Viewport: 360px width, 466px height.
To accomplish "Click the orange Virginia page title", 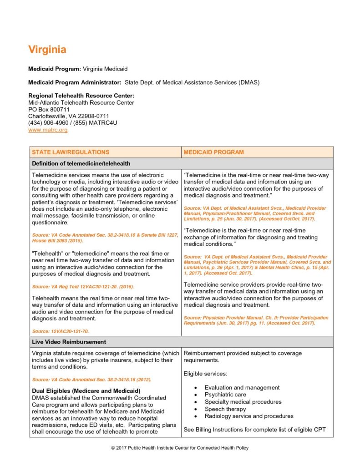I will [47, 50].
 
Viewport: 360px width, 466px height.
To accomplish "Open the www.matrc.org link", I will [48, 130].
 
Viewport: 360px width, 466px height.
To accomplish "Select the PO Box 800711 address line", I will [49, 110].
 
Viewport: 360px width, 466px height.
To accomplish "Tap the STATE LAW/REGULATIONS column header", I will [71, 152].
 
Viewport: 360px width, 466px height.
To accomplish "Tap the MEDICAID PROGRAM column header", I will [213, 152].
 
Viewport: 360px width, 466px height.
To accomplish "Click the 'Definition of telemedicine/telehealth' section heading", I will [81, 163].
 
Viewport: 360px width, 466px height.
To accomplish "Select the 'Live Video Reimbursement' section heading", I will [69, 342].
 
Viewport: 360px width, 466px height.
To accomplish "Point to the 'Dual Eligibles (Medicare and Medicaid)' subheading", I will [86, 391].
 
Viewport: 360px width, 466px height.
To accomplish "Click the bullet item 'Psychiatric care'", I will [225, 395].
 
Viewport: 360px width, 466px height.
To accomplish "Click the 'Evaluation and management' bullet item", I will [242, 388].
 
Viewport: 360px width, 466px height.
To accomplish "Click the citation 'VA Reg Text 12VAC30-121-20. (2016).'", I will [82, 286].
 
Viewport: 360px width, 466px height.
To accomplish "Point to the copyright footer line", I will [180, 448].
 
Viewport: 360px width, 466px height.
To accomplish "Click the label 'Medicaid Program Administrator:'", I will [75, 82].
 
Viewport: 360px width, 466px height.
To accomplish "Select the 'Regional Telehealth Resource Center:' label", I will [81, 96].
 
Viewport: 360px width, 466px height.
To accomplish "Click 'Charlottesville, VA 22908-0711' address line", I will [69, 116].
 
